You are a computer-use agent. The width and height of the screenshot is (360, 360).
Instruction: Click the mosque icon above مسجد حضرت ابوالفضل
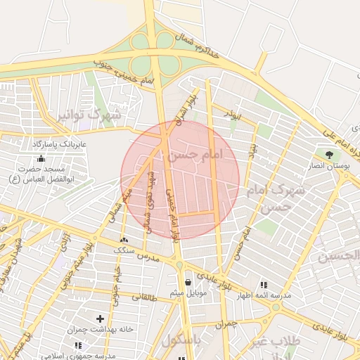coord(41,158)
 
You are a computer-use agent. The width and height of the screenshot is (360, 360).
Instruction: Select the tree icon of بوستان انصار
coord(328,154)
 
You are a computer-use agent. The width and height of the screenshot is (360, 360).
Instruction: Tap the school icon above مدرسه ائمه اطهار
coord(264,284)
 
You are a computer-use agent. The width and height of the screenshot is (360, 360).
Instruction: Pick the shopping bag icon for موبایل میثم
coord(188,282)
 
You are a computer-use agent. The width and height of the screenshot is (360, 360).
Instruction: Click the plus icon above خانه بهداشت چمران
coord(100,319)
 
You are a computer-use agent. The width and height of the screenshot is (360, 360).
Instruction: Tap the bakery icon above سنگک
coord(124,240)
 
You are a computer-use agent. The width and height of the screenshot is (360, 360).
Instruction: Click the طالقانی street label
coord(141,297)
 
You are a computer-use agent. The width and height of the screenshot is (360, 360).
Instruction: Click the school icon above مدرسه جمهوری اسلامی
coord(77,345)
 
